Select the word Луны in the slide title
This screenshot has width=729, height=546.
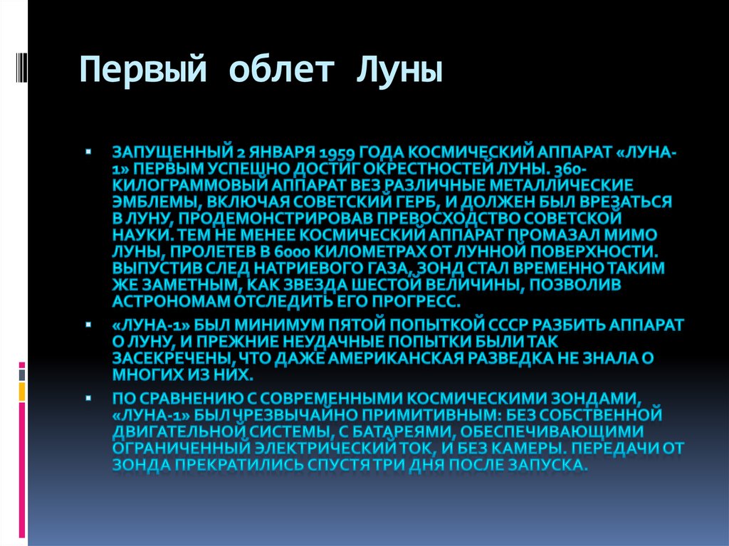click(x=399, y=72)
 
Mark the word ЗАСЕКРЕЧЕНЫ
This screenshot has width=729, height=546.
click(x=165, y=358)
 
